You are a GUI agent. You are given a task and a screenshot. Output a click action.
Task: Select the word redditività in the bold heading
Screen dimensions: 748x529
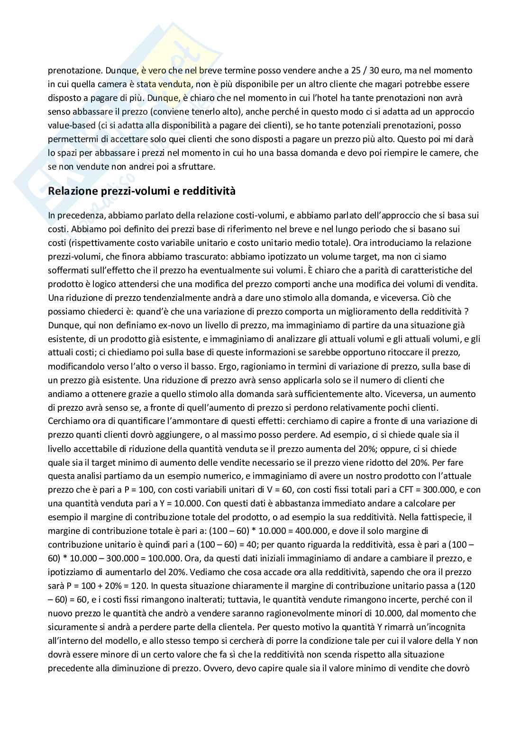tap(209, 191)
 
